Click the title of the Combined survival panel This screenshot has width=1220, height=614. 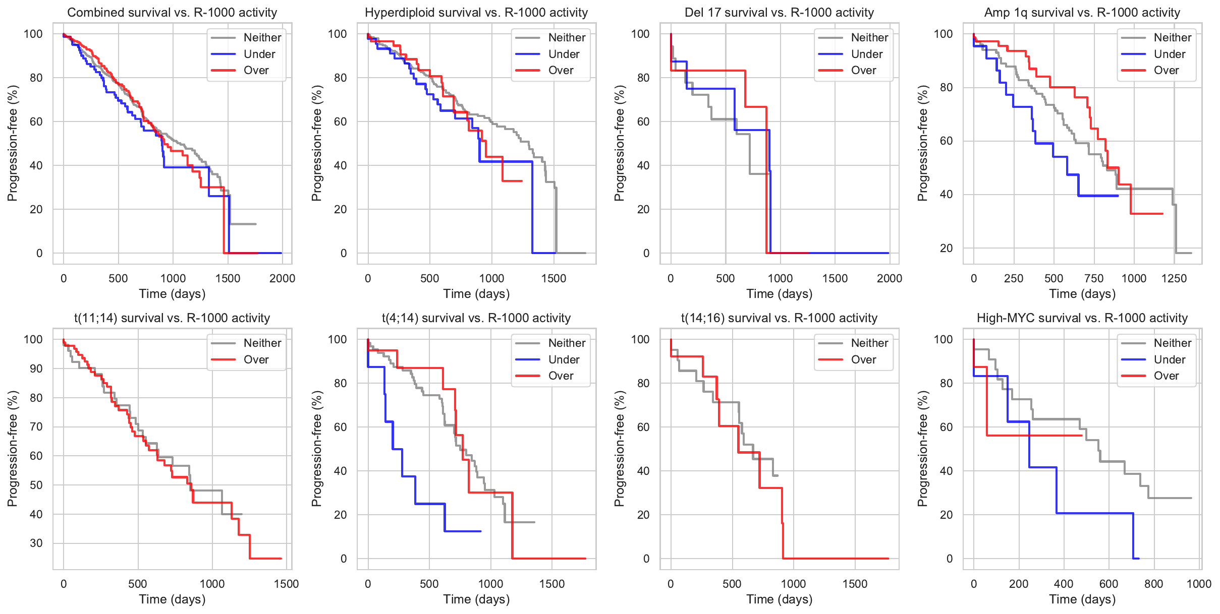[x=172, y=13]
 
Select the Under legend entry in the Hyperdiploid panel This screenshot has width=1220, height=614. [x=564, y=54]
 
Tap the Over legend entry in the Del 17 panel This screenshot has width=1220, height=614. [x=863, y=71]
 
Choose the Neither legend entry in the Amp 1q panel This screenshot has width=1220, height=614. [x=1172, y=37]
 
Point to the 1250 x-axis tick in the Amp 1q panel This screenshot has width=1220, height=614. [x=1174, y=279]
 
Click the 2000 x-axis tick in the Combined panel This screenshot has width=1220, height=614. [x=282, y=279]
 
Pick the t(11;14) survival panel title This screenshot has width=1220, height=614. [x=172, y=318]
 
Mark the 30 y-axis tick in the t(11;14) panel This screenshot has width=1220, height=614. [x=36, y=543]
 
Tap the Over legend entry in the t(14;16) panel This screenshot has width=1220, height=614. [x=863, y=360]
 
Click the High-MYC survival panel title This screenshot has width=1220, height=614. [x=1082, y=318]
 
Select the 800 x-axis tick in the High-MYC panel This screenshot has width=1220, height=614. [x=1154, y=584]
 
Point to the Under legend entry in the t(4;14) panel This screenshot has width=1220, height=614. [x=564, y=360]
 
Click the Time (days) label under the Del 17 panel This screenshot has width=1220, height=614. [x=780, y=294]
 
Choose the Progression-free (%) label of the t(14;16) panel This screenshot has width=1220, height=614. [x=620, y=449]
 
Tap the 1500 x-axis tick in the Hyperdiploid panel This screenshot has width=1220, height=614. [x=554, y=279]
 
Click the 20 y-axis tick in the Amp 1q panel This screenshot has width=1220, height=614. [x=947, y=248]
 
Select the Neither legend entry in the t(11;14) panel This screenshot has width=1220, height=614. [x=262, y=343]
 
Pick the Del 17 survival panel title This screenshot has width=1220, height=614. [x=779, y=13]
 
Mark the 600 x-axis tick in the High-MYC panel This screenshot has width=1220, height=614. [x=1109, y=584]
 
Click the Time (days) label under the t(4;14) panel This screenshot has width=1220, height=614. [x=476, y=599]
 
